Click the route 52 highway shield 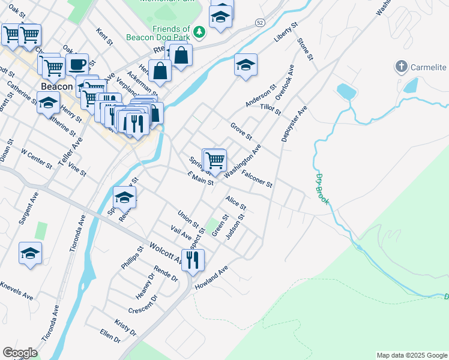coord(259,22)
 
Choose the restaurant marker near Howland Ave coord(193,260)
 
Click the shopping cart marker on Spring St coord(215,160)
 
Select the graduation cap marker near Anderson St coord(246,65)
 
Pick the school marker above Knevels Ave coord(30,253)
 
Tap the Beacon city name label coord(57,87)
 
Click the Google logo coord(19,352)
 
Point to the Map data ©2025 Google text coord(411,355)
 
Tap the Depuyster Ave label coord(294,124)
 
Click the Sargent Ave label coord(28,208)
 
